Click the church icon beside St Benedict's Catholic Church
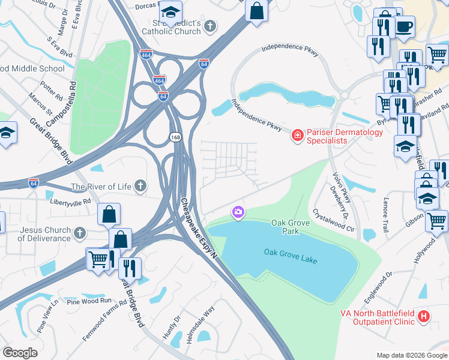coord(209,26)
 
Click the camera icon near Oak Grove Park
coord(238,212)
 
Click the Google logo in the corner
coord(20,353)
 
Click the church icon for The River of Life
coord(140,186)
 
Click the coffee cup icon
coord(404,26)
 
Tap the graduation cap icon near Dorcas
coord(170,13)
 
